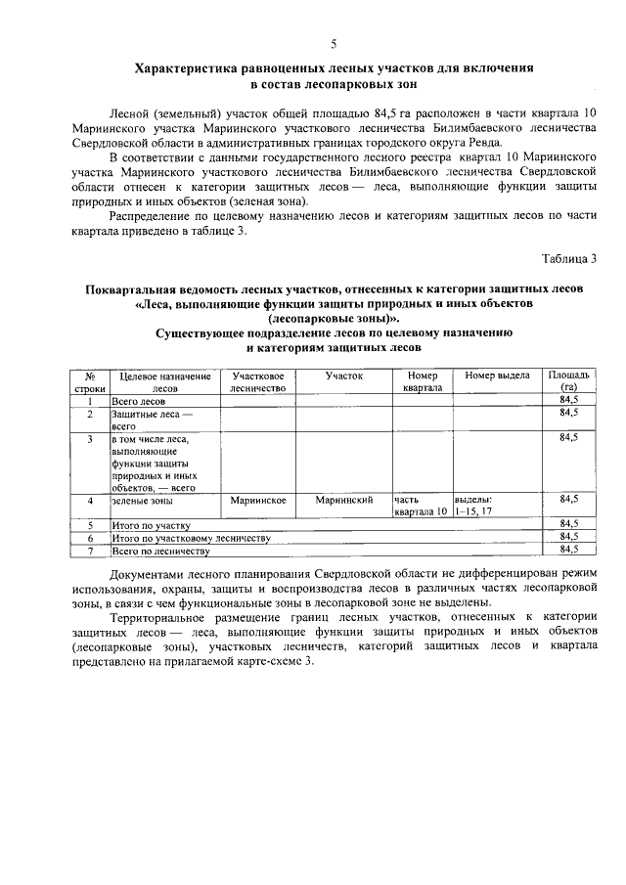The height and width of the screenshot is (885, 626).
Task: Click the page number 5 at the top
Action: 334,44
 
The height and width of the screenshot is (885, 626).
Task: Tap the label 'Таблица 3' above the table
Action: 569,258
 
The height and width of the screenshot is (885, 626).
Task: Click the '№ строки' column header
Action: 89,381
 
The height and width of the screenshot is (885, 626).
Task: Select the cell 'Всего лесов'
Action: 138,401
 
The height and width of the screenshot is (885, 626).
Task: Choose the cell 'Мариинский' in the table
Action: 344,500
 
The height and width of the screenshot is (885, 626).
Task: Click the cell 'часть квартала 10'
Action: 422,506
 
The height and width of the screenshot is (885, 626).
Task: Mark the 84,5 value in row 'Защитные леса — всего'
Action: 568,414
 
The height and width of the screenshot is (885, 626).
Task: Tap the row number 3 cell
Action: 89,439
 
